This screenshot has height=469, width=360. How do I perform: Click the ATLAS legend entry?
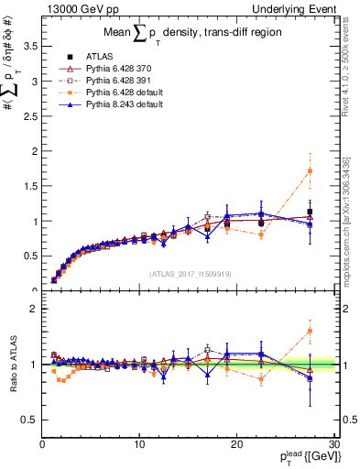(x=98, y=57)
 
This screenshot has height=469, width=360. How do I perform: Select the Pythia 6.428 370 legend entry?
(x=115, y=69)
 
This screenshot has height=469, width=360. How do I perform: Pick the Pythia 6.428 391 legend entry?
(x=115, y=81)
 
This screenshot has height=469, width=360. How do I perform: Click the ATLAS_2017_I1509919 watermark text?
(x=190, y=273)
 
